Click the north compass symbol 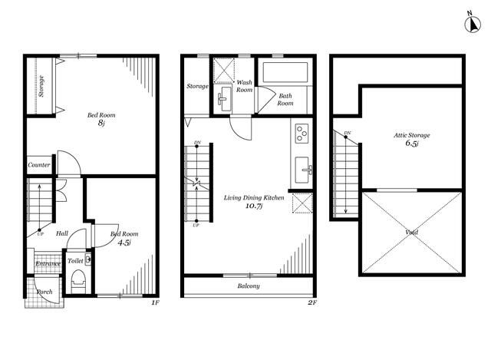[x=473, y=24]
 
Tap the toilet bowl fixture [x=78, y=282]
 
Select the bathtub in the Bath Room [x=285, y=72]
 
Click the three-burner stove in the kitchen [x=302, y=134]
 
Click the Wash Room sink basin [x=224, y=98]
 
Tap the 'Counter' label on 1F [x=39, y=165]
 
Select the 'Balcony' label [x=249, y=286]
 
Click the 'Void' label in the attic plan [x=411, y=232]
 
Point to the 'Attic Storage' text [x=412, y=135]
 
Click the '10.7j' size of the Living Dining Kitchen [x=254, y=206]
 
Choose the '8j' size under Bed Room [x=101, y=123]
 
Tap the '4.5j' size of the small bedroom [x=124, y=243]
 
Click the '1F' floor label [x=155, y=302]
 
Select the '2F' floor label [x=312, y=302]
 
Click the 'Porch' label [x=44, y=292]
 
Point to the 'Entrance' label [x=48, y=263]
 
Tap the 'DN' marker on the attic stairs [x=348, y=133]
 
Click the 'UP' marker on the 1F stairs [x=40, y=234]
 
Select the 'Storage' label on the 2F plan [x=198, y=86]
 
